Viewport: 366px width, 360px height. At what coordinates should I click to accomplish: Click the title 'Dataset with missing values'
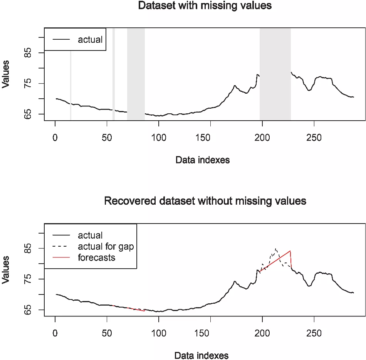pos(205,6)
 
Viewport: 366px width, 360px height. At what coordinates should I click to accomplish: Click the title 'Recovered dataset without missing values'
pos(205,201)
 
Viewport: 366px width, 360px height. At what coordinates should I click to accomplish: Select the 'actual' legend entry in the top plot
pos(90,39)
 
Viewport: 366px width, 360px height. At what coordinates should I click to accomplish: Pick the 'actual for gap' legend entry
pos(106,246)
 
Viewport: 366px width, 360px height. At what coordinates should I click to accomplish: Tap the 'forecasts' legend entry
pos(96,257)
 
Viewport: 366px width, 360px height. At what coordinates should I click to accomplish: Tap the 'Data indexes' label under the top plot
pos(202,160)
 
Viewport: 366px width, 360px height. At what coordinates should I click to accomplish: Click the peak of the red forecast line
pos(290,251)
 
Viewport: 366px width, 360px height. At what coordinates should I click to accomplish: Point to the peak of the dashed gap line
pos(276,249)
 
